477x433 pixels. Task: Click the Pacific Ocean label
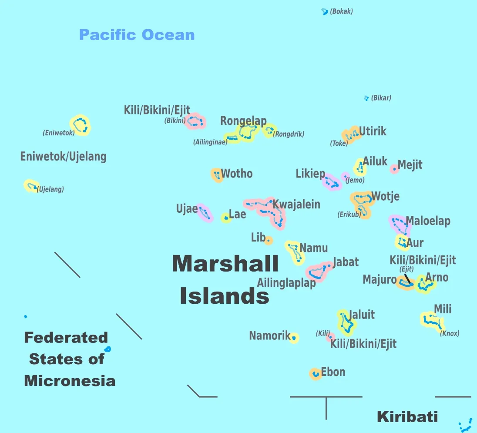[x=137, y=35]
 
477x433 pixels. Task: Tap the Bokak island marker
[x=324, y=12]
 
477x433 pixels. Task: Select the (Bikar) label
[x=381, y=98]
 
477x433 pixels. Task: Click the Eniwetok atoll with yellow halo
[x=80, y=125]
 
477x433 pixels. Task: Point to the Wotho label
[x=237, y=174]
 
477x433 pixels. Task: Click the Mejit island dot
[x=394, y=169]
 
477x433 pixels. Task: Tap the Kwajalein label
[x=296, y=204]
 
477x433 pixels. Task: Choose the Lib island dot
[x=269, y=240]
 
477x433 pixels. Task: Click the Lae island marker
[x=226, y=218]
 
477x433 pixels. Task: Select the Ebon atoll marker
[x=315, y=374]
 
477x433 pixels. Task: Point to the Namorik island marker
[x=294, y=338]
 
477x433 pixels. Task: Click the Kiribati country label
[x=407, y=416]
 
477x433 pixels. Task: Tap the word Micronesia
[x=70, y=381]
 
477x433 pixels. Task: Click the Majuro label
[x=380, y=279]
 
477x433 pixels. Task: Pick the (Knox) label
[x=450, y=333]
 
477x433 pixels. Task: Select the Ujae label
[x=187, y=209]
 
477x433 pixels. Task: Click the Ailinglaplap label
[x=286, y=283]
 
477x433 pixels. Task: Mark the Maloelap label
[x=428, y=221]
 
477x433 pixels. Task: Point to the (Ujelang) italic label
[x=50, y=189]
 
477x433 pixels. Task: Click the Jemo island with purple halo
[x=345, y=176]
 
